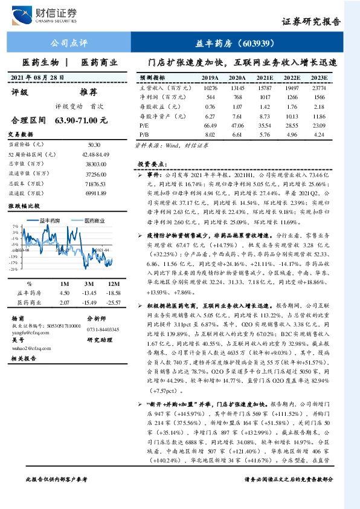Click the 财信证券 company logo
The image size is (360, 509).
pyautogui.click(x=51, y=14)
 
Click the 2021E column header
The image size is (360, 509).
pyautogui.click(x=265, y=78)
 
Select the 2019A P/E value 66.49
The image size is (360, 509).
pyautogui.click(x=210, y=124)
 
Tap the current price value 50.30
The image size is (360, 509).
pyautogui.click(x=94, y=145)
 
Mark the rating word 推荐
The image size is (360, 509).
pyautogui.click(x=89, y=92)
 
